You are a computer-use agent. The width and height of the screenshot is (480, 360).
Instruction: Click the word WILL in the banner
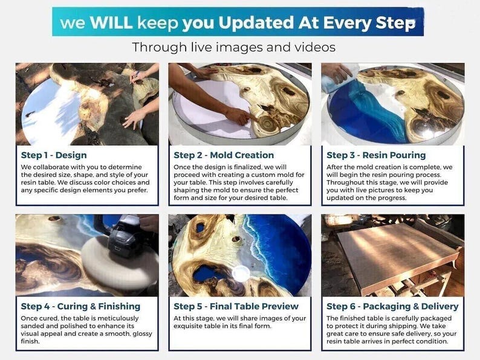(x=111, y=22)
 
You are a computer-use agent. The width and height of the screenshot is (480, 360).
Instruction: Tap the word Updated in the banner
(x=256, y=22)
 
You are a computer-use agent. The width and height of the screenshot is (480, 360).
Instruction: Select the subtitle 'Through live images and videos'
(x=233, y=47)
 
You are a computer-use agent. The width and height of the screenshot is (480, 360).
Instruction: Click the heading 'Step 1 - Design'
(x=54, y=155)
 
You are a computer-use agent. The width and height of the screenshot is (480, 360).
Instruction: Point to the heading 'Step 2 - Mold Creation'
(x=224, y=155)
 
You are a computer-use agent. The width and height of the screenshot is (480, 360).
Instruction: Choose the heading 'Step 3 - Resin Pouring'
(x=376, y=155)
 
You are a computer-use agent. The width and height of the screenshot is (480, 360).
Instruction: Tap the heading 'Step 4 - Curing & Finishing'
(x=80, y=306)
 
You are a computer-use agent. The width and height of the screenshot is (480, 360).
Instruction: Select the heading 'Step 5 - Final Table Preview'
(x=236, y=306)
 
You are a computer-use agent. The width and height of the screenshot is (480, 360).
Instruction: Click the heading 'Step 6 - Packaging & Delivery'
(x=392, y=306)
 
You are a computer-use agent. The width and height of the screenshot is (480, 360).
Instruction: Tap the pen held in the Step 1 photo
(x=134, y=77)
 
